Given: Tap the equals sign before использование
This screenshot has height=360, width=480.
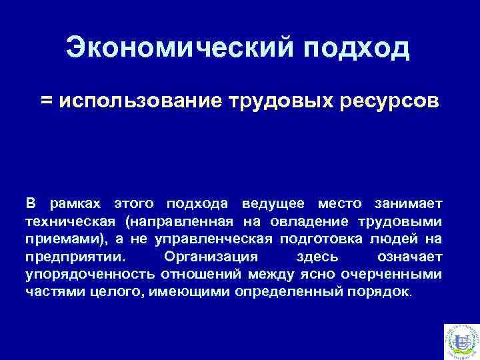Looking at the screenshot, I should point(46,101).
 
